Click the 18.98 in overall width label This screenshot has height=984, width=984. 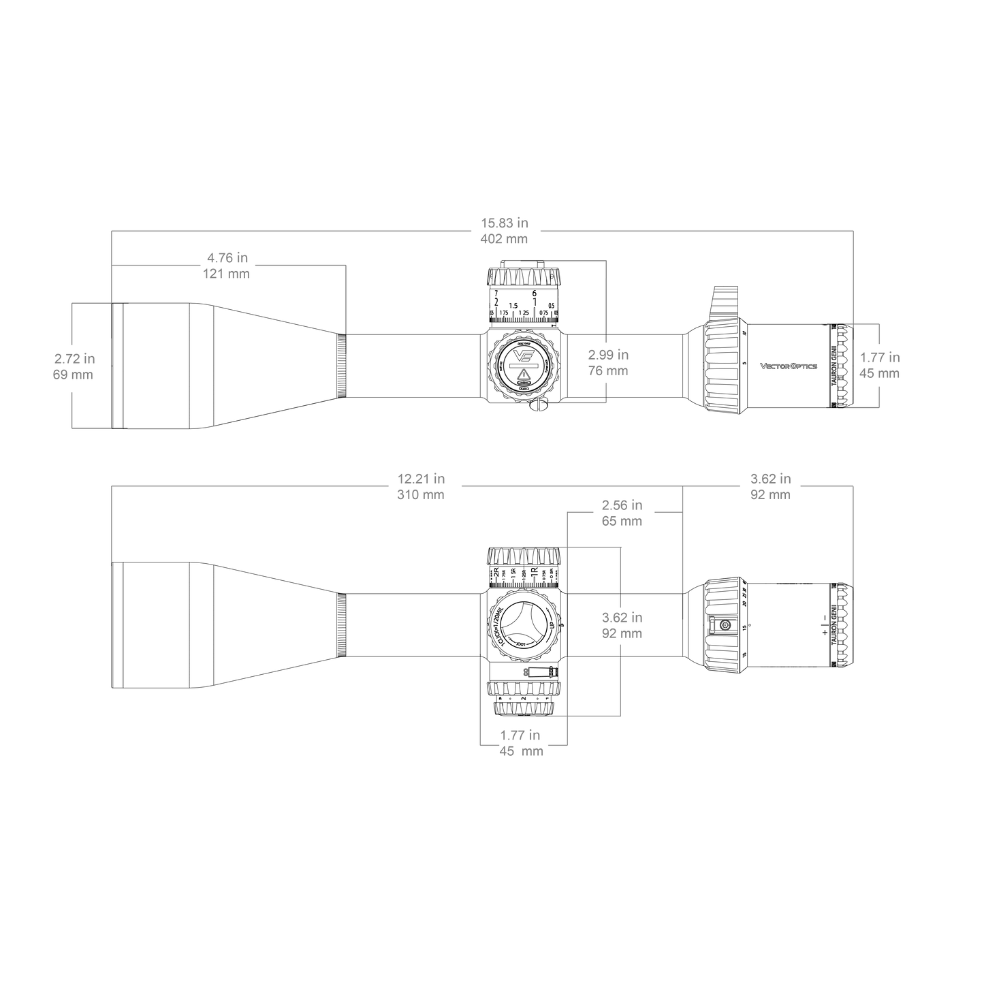[505, 223]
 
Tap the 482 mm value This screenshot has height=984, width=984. [505, 239]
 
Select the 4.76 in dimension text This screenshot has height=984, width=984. [227, 258]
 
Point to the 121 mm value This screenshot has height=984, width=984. [227, 274]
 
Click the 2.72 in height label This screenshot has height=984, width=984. [74, 358]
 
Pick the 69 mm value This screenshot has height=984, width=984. [73, 375]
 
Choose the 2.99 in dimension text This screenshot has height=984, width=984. [608, 355]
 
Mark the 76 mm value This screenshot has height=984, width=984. [608, 371]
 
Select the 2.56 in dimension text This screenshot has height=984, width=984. [622, 505]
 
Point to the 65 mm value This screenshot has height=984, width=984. [622, 522]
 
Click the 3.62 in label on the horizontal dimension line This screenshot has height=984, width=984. [770, 479]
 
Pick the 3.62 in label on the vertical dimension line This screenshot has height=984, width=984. [622, 617]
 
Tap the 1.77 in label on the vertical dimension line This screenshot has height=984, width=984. [880, 357]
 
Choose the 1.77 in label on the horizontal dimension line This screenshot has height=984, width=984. [520, 735]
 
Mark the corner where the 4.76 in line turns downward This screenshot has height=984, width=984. [347, 265]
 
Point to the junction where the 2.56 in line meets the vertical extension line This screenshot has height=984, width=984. [682, 513]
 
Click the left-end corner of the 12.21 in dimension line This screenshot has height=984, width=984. [111, 486]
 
